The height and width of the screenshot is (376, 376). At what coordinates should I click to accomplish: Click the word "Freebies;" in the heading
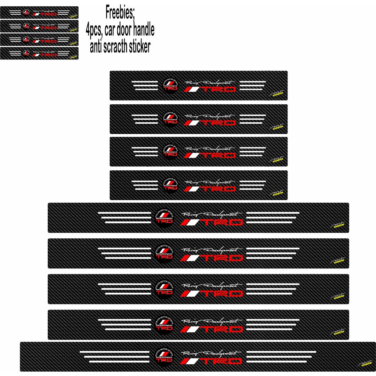tap(120, 13)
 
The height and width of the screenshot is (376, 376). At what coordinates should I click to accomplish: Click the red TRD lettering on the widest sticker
tap(223, 362)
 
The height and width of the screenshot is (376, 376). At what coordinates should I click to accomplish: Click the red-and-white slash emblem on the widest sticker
tap(190, 362)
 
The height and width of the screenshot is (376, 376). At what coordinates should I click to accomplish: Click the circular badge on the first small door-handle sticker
tap(26, 12)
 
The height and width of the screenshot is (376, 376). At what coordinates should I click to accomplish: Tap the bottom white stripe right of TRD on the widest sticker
tap(276, 362)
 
